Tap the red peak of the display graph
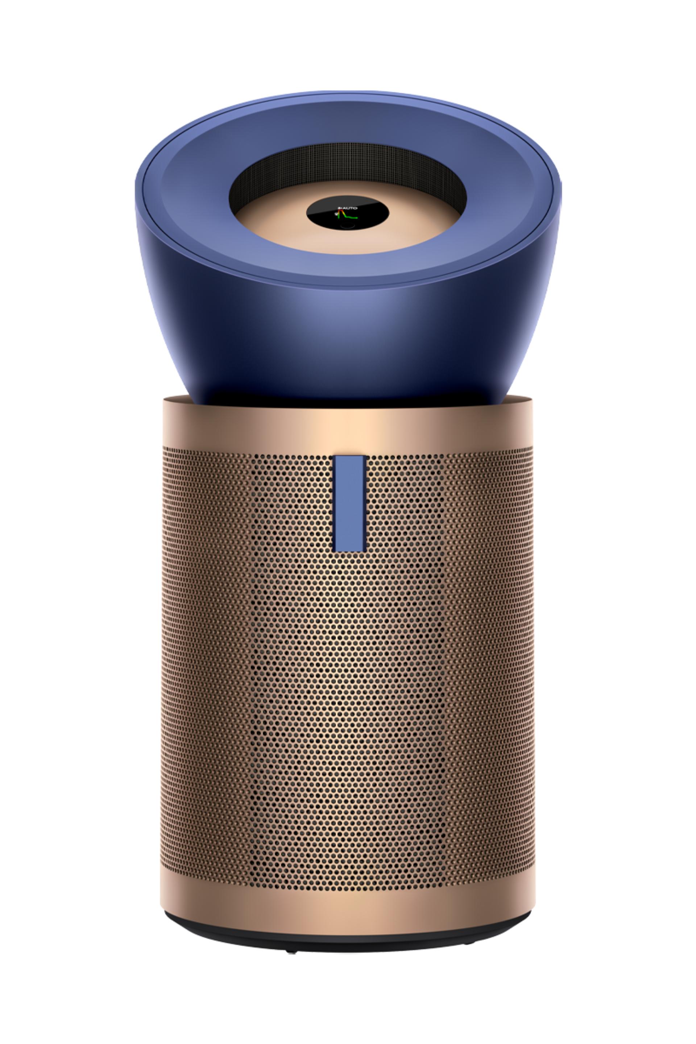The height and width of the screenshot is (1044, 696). [340, 210]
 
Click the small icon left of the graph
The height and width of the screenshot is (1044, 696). [336, 214]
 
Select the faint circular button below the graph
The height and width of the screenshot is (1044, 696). [348, 225]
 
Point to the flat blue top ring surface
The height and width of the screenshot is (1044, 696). [186, 195]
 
